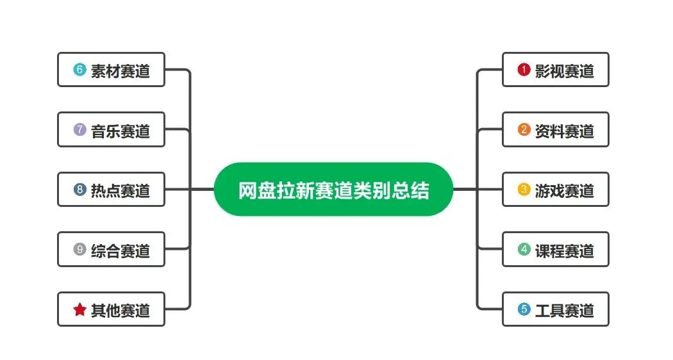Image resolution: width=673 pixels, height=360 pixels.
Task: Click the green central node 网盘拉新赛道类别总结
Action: [333, 190]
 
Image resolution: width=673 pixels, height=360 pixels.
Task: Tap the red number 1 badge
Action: [524, 70]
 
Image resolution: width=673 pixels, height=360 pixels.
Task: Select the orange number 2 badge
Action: [524, 130]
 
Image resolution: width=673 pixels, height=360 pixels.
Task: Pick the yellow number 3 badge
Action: [524, 190]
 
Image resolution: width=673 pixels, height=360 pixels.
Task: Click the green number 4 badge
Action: [524, 249]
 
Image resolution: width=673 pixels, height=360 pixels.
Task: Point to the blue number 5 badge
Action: [524, 309]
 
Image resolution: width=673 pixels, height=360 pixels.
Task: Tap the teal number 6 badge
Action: [79, 70]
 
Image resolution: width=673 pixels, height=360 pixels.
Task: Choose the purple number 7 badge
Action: [79, 130]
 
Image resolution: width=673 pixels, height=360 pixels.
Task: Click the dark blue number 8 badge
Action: [79, 190]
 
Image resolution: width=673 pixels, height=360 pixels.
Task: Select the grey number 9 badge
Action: [79, 249]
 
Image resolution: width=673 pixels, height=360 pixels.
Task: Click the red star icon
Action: [79, 309]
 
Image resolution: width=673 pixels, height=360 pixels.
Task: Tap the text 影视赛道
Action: [565, 70]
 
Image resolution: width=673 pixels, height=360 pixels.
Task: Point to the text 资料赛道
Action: [565, 131]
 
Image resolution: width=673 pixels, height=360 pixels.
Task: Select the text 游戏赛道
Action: [565, 190]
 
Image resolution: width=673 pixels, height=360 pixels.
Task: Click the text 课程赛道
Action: [565, 250]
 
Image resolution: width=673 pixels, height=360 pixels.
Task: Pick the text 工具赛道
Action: [565, 310]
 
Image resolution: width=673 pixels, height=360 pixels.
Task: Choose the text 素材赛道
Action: [120, 70]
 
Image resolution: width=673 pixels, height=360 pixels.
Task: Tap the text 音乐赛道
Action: [120, 131]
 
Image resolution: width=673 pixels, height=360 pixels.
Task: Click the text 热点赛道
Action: [120, 190]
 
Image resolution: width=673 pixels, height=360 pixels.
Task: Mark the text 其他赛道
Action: [120, 310]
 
